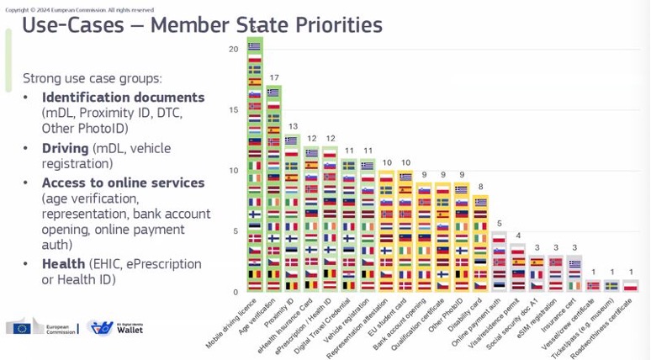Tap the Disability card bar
pyautogui.click(x=480, y=244)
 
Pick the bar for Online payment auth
pyautogui.click(x=500, y=262)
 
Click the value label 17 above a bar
pyautogui.click(x=274, y=77)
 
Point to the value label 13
pyautogui.click(x=293, y=126)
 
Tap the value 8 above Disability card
pyautogui.click(x=480, y=187)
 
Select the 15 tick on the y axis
pyautogui.click(x=233, y=109)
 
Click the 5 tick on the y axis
pyautogui.click(x=236, y=231)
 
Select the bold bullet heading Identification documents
pyautogui.click(x=123, y=98)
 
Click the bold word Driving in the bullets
pyautogui.click(x=66, y=148)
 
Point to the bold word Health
pyautogui.click(x=63, y=264)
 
